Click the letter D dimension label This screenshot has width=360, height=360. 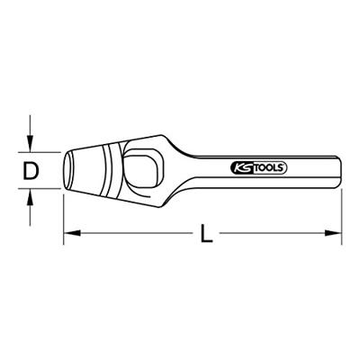point(31,170)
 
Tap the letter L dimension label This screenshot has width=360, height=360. point(206,237)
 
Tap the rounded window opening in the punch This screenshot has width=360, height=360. point(148,166)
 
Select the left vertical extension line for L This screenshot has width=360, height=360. point(63,216)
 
